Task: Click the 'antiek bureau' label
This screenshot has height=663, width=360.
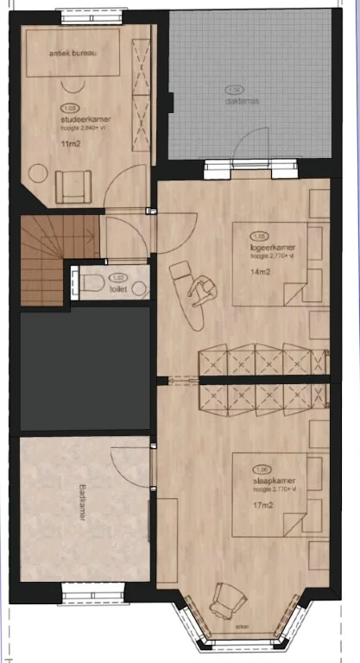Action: coord(72,54)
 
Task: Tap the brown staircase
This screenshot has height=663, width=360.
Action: coord(42,260)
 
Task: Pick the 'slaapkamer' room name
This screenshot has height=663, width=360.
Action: coord(266,482)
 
